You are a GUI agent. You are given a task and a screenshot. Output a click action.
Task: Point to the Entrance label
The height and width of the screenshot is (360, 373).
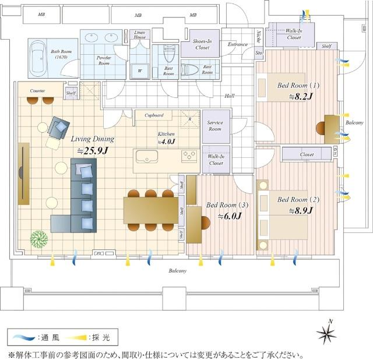pos(238,44)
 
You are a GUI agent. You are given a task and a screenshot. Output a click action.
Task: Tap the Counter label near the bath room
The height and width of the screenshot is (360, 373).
pos(38,91)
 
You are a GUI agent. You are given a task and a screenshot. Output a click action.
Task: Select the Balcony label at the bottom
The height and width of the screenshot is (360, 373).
pos(178,271)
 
